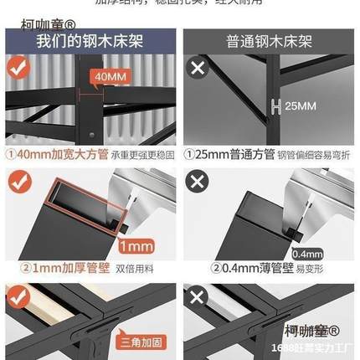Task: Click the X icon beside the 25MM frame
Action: click(198, 69)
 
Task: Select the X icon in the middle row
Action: click(198, 182)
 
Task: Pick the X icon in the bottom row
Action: click(198, 297)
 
